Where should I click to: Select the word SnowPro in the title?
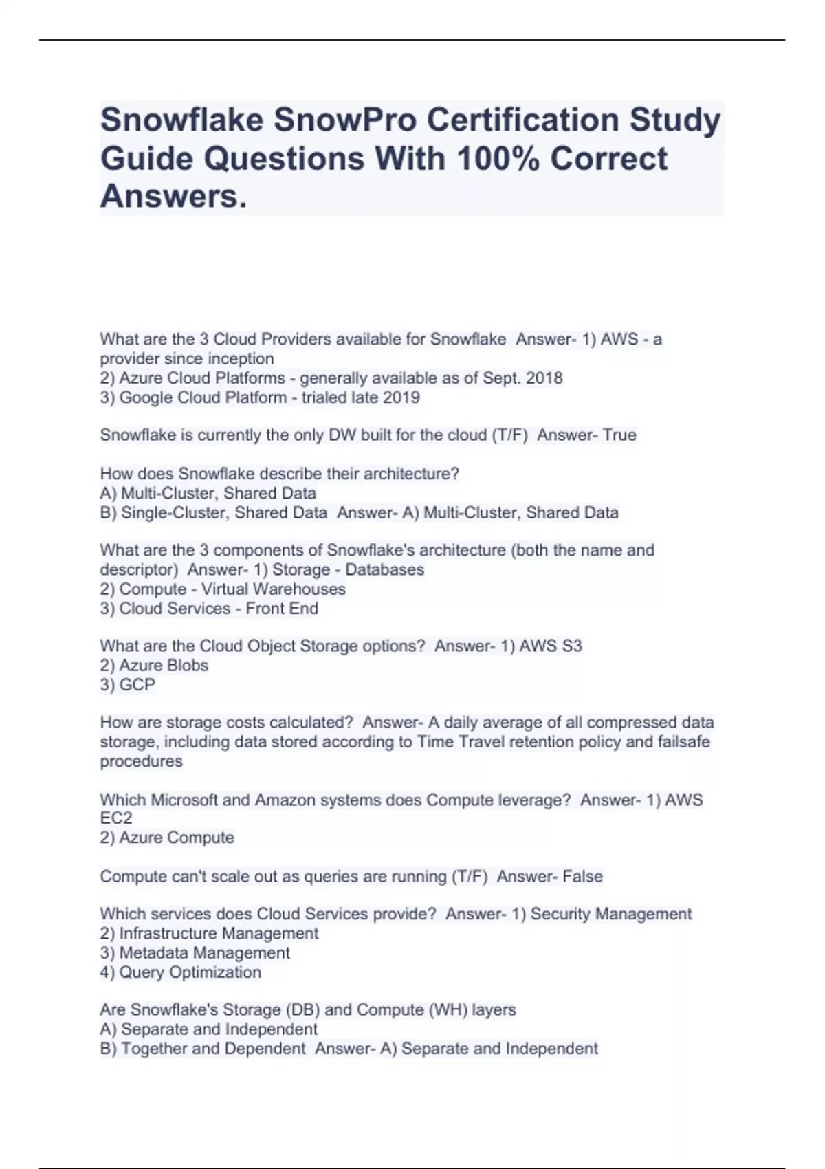(x=345, y=120)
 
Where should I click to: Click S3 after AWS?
(x=571, y=646)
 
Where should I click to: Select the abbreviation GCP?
(x=137, y=684)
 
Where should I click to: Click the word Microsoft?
(x=183, y=800)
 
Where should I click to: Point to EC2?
(x=115, y=818)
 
